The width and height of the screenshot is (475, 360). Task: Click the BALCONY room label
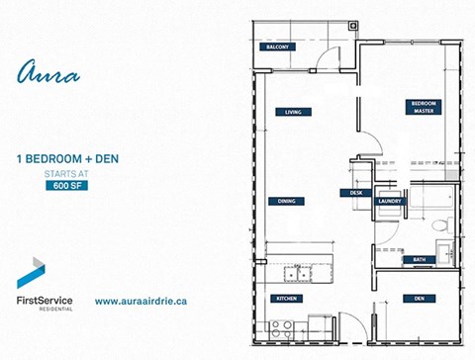point(274,47)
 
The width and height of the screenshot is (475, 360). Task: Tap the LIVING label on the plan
point(291,112)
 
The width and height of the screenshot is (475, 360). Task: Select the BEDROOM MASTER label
point(425,107)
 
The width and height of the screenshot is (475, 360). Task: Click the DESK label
point(356,193)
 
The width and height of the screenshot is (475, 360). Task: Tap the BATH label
point(421,260)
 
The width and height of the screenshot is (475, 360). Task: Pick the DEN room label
point(421,298)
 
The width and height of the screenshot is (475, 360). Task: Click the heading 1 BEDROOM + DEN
point(62,158)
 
